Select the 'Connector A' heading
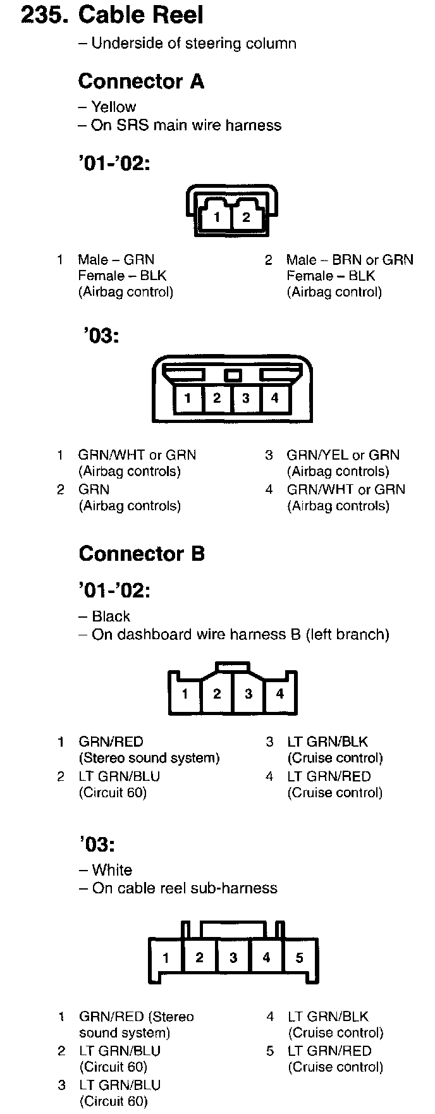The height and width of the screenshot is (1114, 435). [140, 81]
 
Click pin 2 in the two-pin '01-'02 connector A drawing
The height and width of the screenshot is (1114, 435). [246, 217]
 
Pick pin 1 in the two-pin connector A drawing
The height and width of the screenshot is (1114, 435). [217, 217]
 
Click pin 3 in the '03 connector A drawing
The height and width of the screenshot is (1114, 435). [245, 398]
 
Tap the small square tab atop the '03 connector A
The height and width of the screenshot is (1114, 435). [233, 376]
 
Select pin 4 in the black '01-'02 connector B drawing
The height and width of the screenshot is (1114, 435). [279, 694]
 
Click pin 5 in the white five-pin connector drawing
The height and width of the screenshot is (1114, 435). [299, 957]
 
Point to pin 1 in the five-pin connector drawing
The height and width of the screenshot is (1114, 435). [166, 957]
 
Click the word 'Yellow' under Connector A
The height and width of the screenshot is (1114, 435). [113, 107]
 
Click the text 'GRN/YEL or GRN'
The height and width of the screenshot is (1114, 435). [343, 455]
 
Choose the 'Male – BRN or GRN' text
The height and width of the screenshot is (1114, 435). [349, 259]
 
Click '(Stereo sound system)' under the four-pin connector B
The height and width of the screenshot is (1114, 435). [149, 757]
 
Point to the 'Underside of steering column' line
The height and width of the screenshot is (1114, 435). [193, 43]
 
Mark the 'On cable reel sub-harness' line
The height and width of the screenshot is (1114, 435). [184, 888]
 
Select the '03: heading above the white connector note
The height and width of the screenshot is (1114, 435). [98, 844]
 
